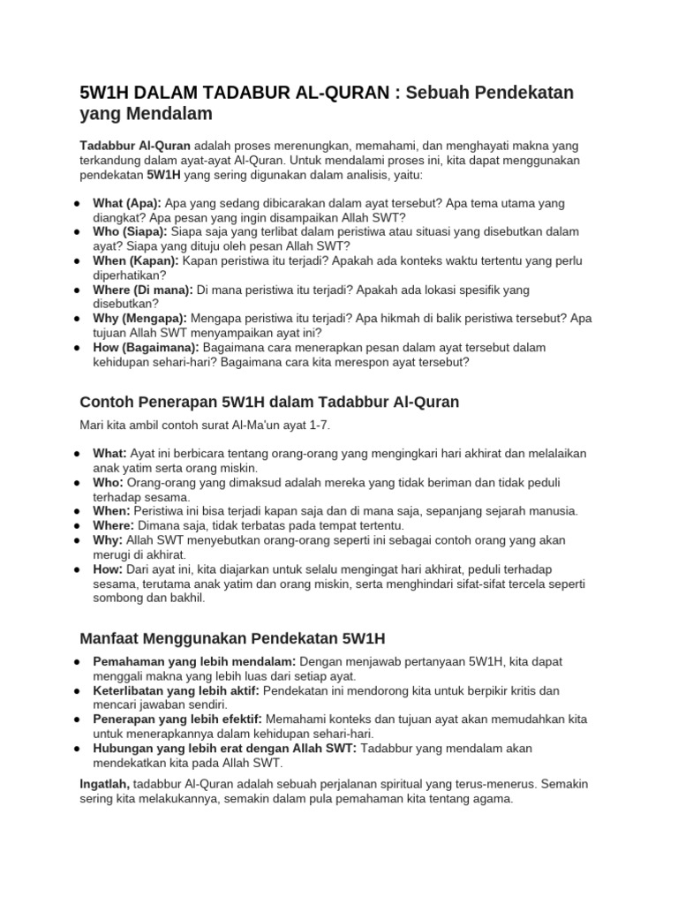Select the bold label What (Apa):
127,202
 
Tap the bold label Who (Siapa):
130,231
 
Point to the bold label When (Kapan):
136,260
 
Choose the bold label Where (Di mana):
143,289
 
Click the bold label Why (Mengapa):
139,318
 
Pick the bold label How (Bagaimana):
147,347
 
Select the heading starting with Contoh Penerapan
269,403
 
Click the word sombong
119,598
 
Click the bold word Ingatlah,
105,784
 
